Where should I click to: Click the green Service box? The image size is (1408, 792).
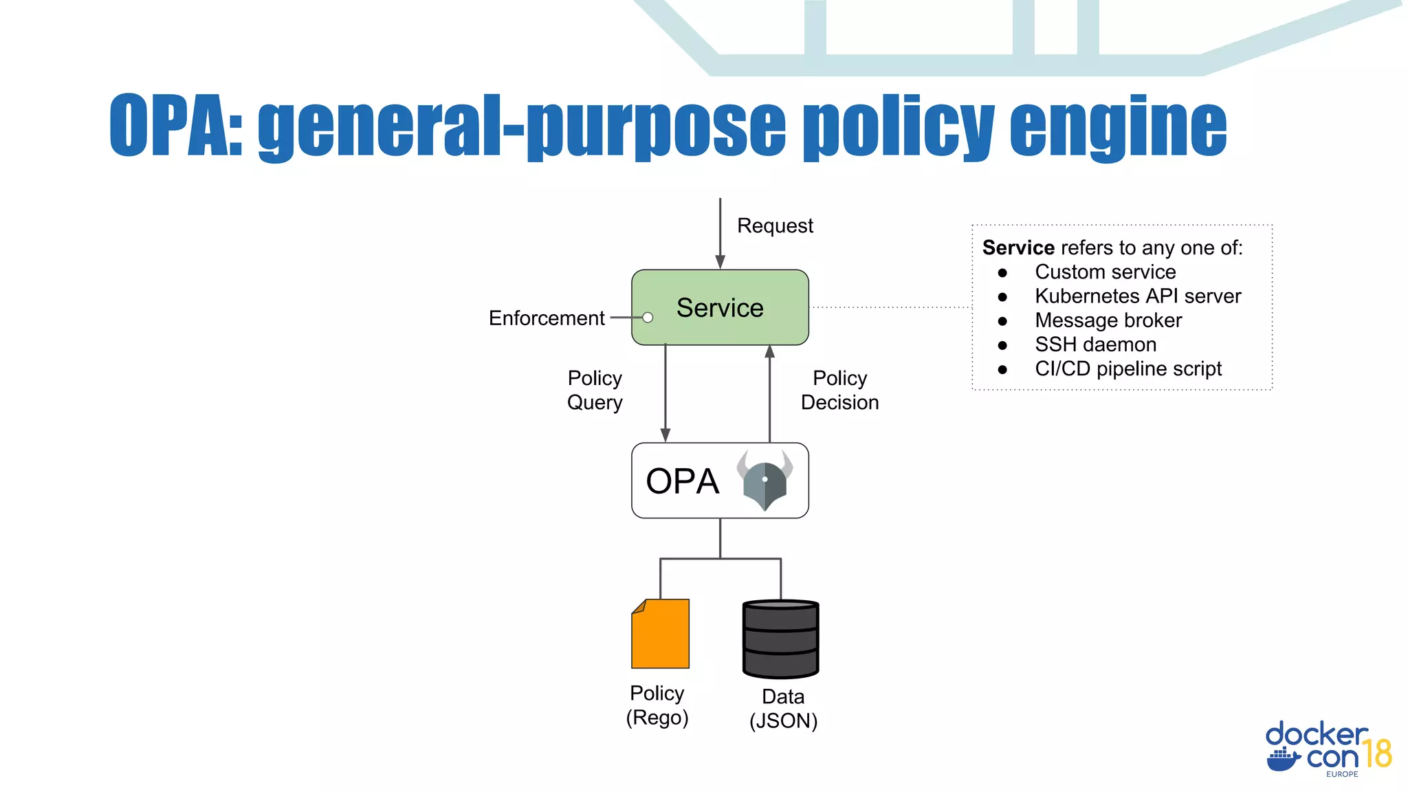[719, 307]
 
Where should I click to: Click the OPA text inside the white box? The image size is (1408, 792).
[682, 481]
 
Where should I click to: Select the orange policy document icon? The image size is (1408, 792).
[660, 634]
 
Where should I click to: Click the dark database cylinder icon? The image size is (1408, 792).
[780, 639]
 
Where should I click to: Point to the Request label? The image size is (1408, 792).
[775, 225]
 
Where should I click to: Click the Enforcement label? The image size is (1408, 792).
[547, 318]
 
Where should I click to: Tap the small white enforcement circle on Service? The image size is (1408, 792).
[648, 318]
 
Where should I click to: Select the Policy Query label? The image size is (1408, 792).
[595, 390]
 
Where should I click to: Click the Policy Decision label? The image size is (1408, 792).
[839, 390]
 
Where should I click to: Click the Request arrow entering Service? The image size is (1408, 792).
[720, 234]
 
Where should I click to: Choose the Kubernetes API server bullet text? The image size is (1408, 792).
[1138, 296]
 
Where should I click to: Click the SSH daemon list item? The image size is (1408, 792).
[1095, 344]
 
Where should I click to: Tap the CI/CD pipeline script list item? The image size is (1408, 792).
[1127, 369]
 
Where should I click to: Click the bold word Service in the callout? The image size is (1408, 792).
[1018, 247]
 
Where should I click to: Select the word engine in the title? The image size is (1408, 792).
[1118, 126]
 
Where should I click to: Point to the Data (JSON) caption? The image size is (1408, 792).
[783, 709]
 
